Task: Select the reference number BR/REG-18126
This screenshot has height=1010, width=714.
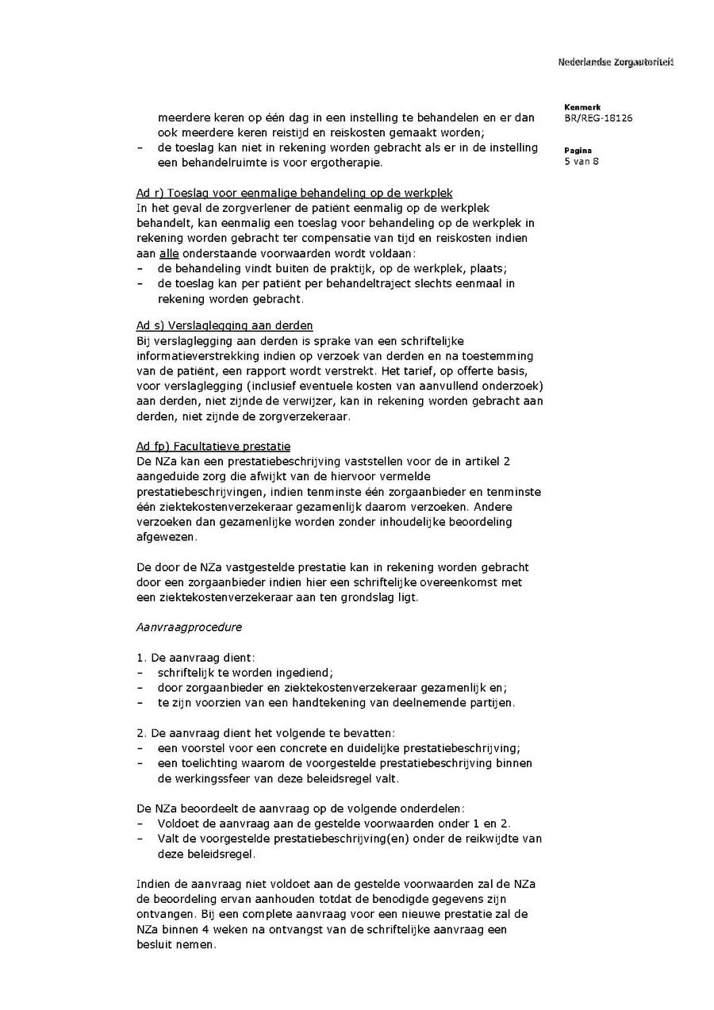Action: [598, 118]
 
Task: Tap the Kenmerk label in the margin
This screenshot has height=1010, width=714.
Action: [582, 107]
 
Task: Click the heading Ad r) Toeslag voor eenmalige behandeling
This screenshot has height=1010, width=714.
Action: [294, 193]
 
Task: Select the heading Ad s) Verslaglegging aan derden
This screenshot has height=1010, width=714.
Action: [225, 325]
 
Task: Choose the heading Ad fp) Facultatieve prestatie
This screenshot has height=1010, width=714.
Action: [213, 446]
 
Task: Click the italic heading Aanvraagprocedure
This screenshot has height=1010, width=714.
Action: [189, 627]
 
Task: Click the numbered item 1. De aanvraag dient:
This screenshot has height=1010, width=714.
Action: [195, 657]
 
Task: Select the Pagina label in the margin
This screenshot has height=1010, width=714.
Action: [578, 150]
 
